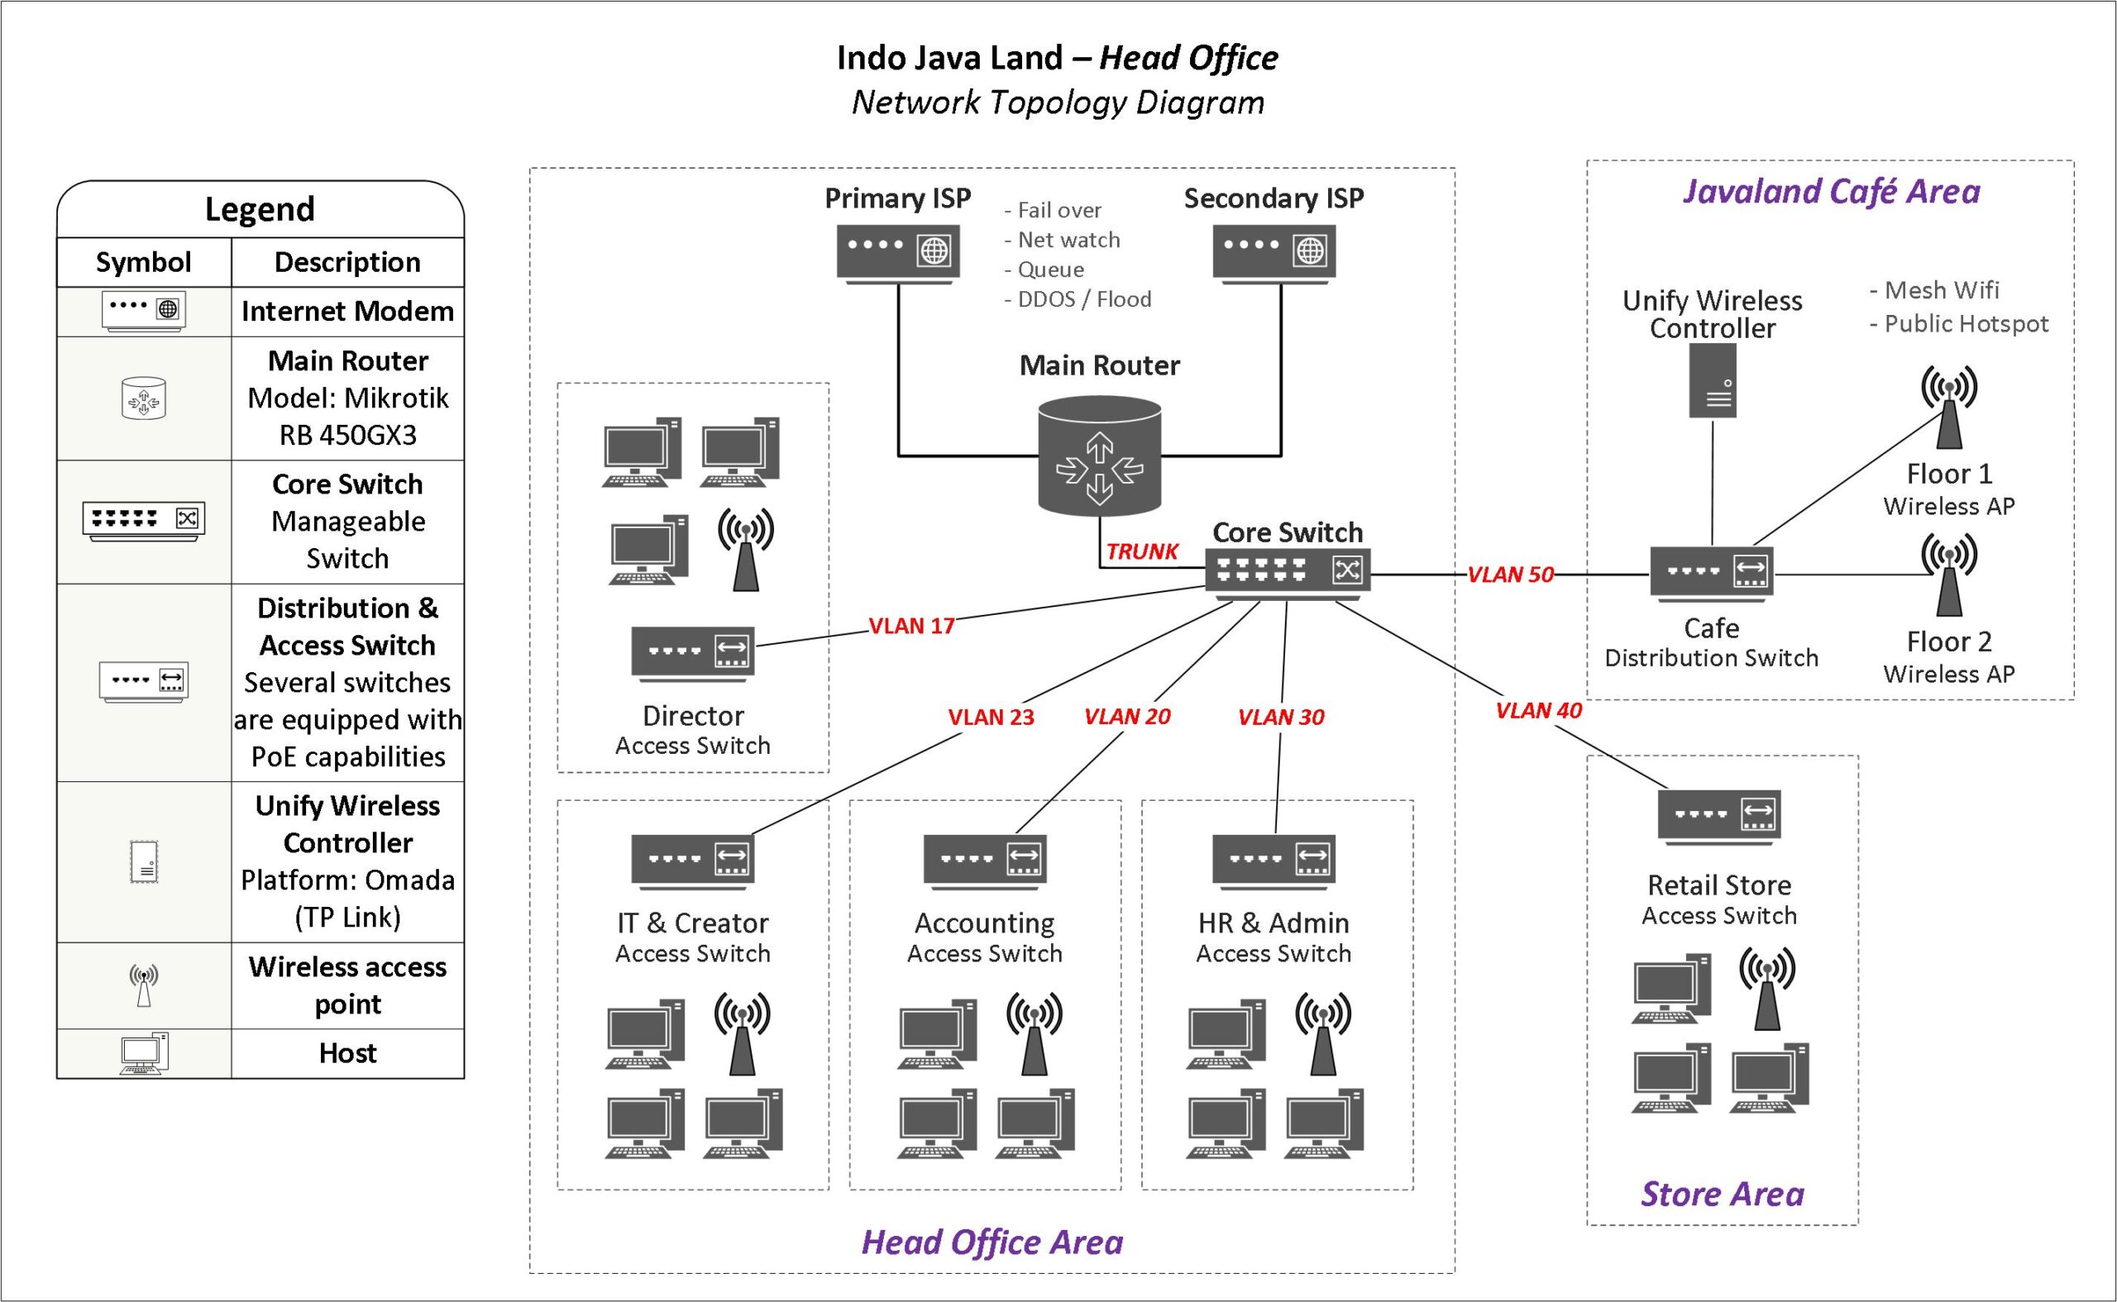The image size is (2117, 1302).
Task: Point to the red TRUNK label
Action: pyautogui.click(x=1141, y=552)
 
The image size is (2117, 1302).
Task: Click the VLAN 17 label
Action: pyautogui.click(x=911, y=626)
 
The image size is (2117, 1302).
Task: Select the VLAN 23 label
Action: pyautogui.click(x=991, y=718)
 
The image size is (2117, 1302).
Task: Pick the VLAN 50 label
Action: pyautogui.click(x=1510, y=575)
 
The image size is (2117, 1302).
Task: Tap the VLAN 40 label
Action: pyautogui.click(x=1538, y=710)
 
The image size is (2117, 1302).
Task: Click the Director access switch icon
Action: pyautogui.click(x=692, y=654)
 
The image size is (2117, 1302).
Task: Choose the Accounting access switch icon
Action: pyautogui.click(x=984, y=861)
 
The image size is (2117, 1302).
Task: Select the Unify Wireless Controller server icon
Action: pyautogui.click(x=1712, y=380)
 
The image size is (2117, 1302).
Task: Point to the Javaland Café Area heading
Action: pyautogui.click(x=1831, y=191)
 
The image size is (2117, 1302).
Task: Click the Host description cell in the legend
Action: pyautogui.click(x=347, y=1053)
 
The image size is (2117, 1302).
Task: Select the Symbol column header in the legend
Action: pyautogui.click(x=144, y=262)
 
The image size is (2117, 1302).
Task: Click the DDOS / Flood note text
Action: pyautogui.click(x=1078, y=298)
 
